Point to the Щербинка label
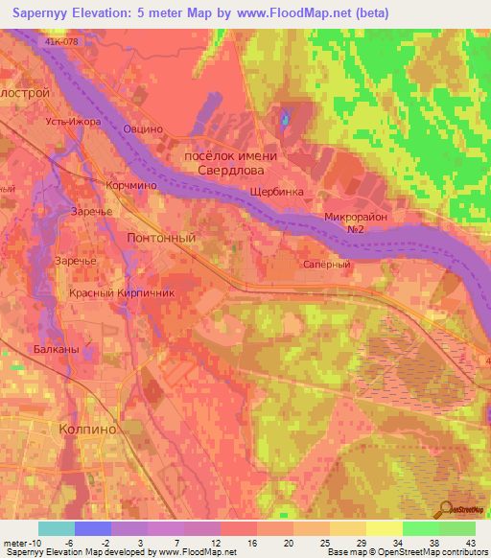tap(276, 192)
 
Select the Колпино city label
tap(88, 430)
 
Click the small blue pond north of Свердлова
tap(284, 121)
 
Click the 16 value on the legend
tap(250, 543)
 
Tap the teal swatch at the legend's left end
tap(57, 528)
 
